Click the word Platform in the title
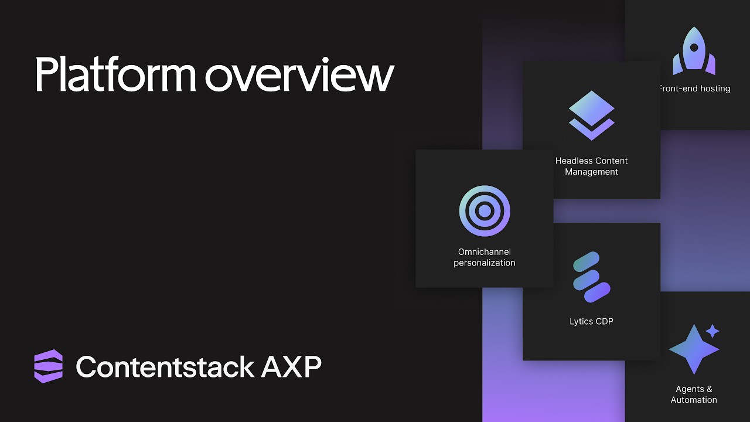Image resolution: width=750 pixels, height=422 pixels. [115, 74]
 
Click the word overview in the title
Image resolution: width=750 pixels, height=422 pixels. [299, 74]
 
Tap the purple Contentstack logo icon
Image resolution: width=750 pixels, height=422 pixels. [48, 366]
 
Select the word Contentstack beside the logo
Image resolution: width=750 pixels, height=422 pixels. [165, 367]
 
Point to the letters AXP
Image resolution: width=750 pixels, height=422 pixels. [291, 367]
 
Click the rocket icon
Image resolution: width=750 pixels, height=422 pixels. [694, 51]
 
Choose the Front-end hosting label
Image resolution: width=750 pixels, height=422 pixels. [695, 89]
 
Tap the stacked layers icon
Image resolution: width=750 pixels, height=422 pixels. [591, 115]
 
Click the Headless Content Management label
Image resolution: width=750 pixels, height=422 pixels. [591, 166]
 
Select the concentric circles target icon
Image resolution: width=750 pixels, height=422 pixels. [485, 211]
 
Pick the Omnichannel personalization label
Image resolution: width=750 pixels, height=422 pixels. [485, 257]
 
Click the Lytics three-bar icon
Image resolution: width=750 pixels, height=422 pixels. [591, 277]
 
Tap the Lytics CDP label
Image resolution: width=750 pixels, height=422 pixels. [591, 321]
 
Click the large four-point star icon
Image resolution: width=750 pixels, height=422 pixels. [693, 349]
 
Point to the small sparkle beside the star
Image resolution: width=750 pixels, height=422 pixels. [712, 331]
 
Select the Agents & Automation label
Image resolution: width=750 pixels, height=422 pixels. [694, 394]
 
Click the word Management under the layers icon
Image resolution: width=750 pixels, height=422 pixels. [591, 172]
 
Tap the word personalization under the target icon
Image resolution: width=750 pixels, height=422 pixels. [485, 263]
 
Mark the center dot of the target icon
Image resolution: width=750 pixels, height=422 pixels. [485, 211]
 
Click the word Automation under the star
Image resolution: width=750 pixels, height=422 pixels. [694, 400]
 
